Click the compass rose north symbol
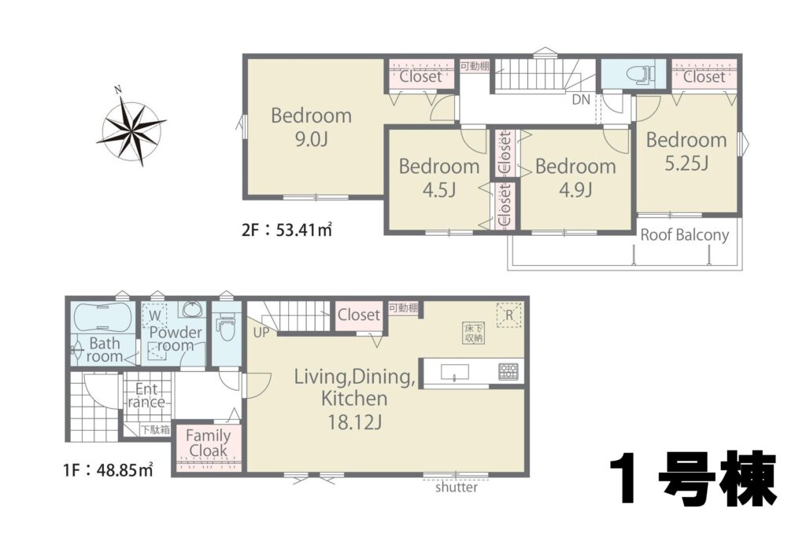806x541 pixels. tap(131, 127)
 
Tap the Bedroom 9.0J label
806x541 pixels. tap(311, 127)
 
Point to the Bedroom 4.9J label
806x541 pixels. tap(575, 178)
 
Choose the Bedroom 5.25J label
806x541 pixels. tap(686, 152)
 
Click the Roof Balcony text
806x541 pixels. tap(685, 235)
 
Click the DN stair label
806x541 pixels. tap(582, 100)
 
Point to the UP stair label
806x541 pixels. tap(261, 333)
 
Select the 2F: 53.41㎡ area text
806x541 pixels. tap(287, 230)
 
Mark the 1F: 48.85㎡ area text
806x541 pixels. tap(109, 469)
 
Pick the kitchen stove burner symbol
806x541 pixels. tap(508, 372)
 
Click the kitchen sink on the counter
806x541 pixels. tap(454, 372)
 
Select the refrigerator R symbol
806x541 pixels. tap(509, 315)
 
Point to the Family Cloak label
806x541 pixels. tap(208, 443)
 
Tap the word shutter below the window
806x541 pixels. tap(457, 487)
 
